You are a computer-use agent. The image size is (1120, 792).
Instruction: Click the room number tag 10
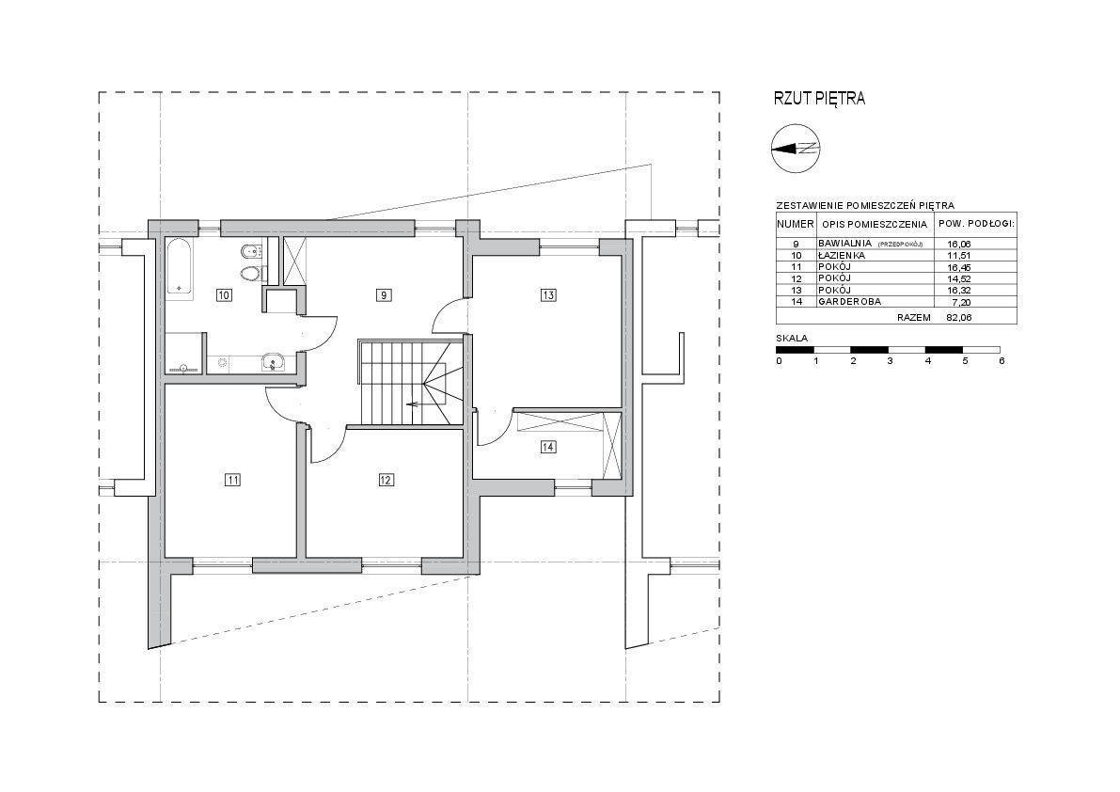224,294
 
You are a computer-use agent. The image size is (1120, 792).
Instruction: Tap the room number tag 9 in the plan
384,294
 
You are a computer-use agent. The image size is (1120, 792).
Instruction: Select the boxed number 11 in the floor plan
232,480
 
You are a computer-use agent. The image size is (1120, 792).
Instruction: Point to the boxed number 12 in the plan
386,480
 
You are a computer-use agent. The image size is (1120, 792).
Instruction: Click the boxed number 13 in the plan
548,294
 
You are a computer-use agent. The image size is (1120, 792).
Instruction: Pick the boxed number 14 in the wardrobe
548,447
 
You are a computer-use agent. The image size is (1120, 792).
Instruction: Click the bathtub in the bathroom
180,266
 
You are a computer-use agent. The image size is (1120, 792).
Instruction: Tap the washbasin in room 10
272,363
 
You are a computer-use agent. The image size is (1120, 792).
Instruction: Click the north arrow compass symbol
797,149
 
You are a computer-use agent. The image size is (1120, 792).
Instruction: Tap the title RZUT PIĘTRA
819,99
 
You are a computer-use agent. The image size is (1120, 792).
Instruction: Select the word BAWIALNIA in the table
845,243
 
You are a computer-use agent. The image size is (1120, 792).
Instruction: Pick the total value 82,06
959,317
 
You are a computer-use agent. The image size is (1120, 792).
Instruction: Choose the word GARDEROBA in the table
849,301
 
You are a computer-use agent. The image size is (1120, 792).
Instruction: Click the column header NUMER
796,224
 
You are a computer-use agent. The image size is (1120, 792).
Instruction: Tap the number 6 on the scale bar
1002,360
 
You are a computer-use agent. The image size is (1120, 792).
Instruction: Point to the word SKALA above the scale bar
792,338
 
